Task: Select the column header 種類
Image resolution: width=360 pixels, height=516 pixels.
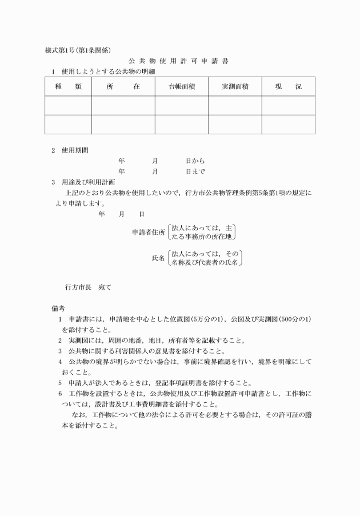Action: pyautogui.click(x=68, y=87)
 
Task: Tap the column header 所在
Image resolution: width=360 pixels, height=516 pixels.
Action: pyautogui.click(x=123, y=87)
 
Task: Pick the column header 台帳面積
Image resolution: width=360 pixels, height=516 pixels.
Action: pyautogui.click(x=181, y=87)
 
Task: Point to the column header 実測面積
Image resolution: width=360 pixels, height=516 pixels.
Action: pyautogui.click(x=235, y=87)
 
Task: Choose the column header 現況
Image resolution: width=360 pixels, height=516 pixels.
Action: pyautogui.click(x=288, y=87)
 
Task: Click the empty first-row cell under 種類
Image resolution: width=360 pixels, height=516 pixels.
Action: pyautogui.click(x=68, y=105)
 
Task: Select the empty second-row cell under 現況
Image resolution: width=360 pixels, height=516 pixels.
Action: pyautogui.click(x=288, y=124)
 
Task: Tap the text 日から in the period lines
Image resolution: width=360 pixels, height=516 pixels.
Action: pyautogui.click(x=195, y=161)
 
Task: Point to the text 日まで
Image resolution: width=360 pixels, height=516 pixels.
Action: pyautogui.click(x=195, y=171)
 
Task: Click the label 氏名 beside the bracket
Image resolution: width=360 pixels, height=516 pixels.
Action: pyautogui.click(x=158, y=258)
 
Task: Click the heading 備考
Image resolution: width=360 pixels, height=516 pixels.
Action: pyautogui.click(x=58, y=308)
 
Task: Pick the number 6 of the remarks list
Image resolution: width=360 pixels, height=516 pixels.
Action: pyautogui.click(x=60, y=394)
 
